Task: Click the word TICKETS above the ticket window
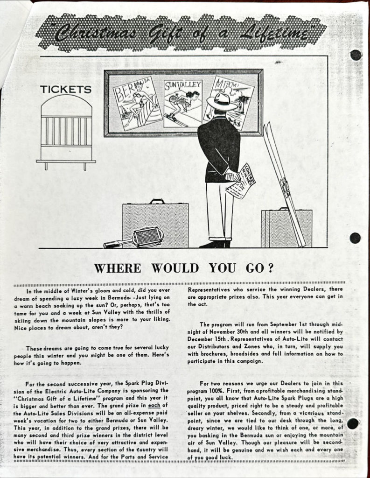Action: (65, 89)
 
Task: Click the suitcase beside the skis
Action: (279, 228)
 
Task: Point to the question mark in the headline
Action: (269, 268)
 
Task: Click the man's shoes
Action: (216, 244)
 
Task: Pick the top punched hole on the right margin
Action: (356, 55)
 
